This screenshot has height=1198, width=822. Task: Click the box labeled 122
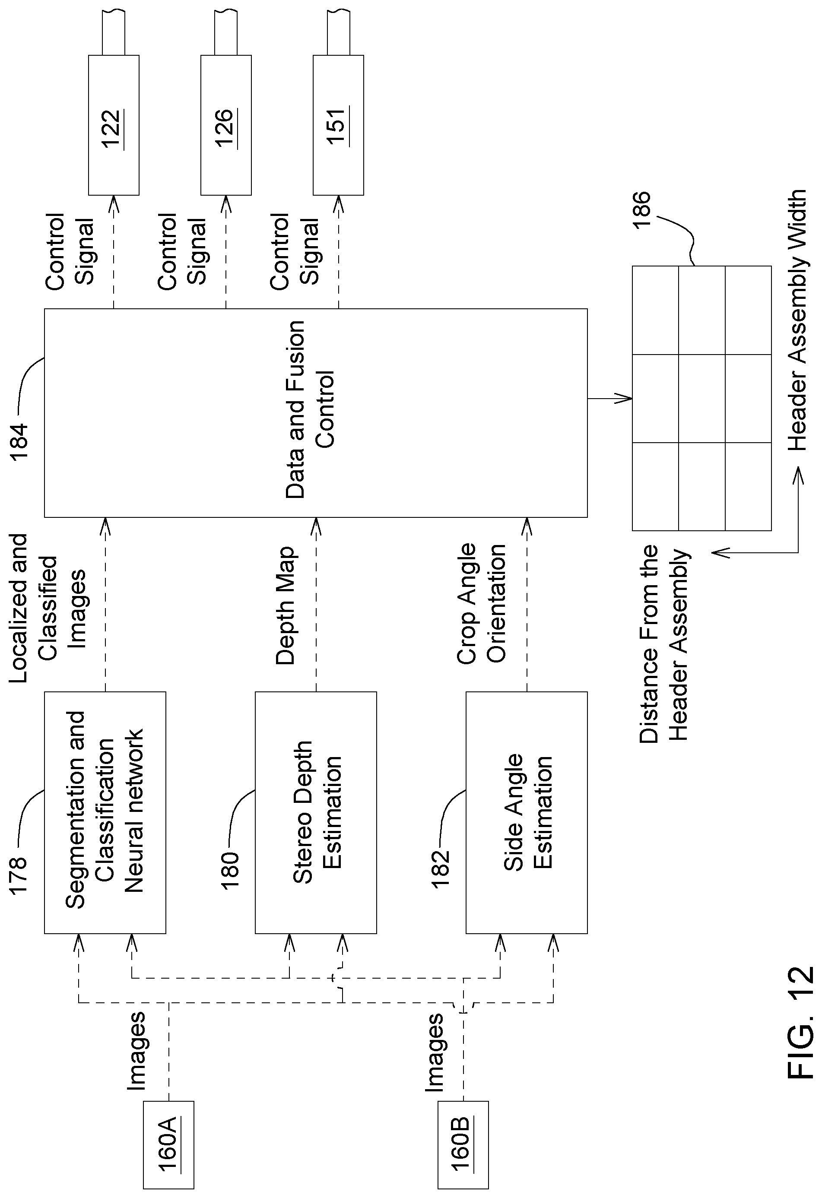[114, 125]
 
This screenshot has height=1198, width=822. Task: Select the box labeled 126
[226, 125]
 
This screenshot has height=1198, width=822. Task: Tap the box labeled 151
[338, 125]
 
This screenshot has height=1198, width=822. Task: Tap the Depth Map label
[285, 606]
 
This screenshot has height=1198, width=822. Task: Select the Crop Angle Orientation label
[481, 603]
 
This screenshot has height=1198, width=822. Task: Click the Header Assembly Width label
[798, 320]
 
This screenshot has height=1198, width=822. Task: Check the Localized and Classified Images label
[48, 608]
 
